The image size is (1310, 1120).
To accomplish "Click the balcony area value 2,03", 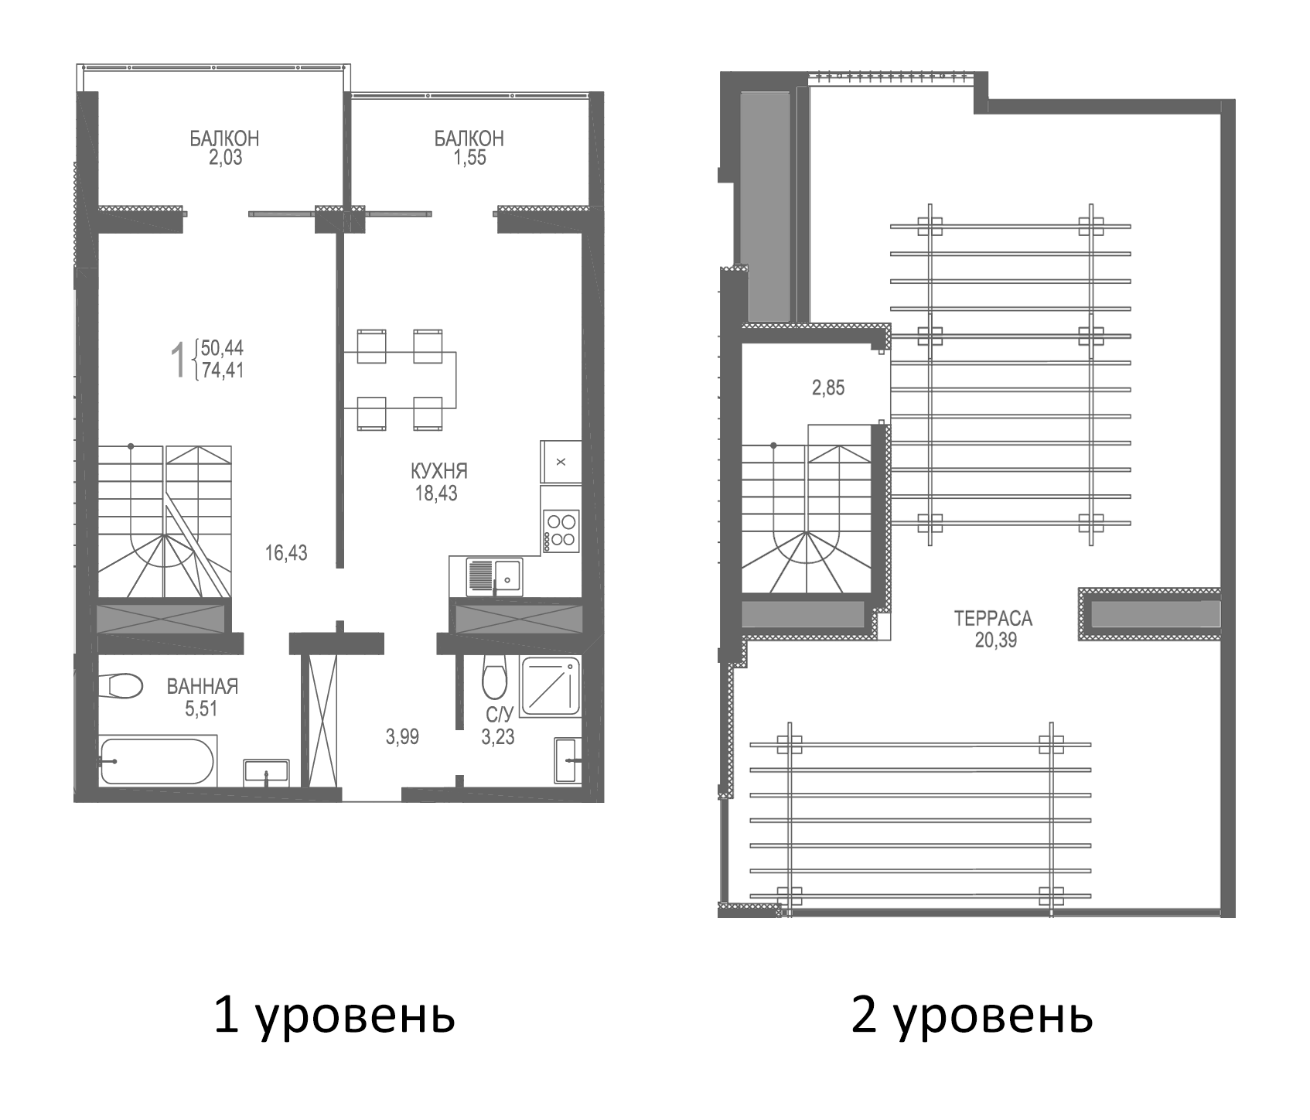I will [224, 158].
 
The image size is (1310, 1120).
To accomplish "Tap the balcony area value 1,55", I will [470, 158].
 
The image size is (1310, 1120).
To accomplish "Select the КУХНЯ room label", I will [439, 470].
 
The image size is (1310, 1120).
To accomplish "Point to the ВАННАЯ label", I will [203, 686].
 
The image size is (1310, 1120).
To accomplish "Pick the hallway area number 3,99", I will [402, 737].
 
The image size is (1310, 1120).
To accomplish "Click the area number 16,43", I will [286, 552].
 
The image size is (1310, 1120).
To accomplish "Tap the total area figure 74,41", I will [222, 370].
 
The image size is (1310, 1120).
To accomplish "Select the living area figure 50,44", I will [222, 347].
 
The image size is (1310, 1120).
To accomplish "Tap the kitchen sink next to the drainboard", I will [508, 576].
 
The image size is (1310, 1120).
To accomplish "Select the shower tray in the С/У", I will [551, 685].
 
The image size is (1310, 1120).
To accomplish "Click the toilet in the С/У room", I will [493, 678].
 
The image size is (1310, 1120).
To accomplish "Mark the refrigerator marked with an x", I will [561, 462].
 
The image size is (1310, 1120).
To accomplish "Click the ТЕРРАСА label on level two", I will [993, 618].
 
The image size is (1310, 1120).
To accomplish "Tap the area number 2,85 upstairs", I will [827, 388].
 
